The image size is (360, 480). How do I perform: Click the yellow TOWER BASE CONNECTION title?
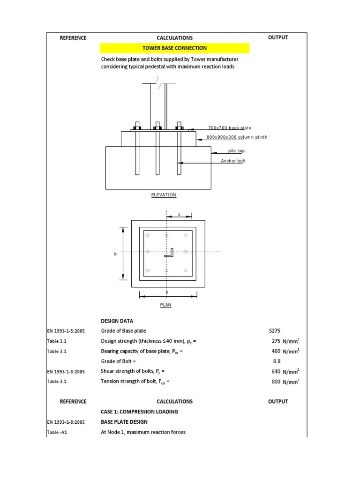(174, 48)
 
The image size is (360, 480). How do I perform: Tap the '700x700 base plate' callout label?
(230, 128)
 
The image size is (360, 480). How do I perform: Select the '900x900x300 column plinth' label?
(237, 137)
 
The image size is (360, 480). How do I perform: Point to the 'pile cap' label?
(236, 151)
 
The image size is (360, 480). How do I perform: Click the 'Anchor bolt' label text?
(233, 161)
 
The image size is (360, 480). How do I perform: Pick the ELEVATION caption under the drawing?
(164, 195)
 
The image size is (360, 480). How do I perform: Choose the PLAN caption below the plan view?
(166, 305)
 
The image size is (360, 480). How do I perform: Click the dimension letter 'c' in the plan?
(179, 214)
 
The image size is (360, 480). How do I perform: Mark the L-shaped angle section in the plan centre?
(170, 253)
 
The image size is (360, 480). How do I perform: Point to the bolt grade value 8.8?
(277, 361)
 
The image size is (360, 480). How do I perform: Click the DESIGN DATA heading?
(117, 321)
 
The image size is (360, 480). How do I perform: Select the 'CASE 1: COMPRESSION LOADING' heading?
(139, 412)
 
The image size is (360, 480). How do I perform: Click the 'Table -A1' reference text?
(57, 432)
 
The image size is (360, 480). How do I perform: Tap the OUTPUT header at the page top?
(278, 37)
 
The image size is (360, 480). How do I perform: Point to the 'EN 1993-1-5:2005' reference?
(66, 331)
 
